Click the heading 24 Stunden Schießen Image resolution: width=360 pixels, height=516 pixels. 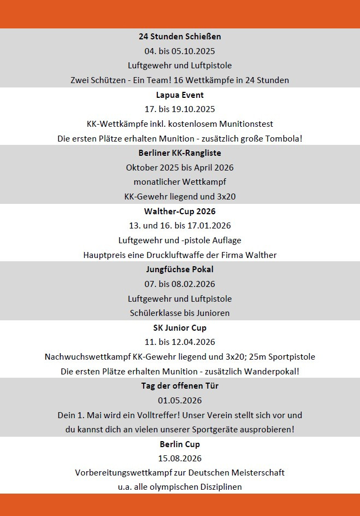point(180,37)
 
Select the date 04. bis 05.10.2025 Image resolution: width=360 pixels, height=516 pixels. point(180,51)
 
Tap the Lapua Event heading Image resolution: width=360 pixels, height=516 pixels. point(180,95)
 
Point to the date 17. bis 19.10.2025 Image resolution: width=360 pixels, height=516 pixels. point(180,109)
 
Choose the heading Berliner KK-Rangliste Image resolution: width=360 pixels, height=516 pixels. point(180,153)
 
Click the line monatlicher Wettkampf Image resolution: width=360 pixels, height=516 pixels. point(180,181)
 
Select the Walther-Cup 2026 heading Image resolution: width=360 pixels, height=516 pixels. point(180,211)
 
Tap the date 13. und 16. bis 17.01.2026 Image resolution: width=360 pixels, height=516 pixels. point(180,226)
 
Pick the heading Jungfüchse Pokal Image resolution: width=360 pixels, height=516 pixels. point(180,269)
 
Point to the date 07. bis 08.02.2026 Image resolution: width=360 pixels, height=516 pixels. point(180,284)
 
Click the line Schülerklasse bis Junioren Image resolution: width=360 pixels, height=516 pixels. point(180,313)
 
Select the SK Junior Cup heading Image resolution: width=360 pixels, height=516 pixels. point(180,328)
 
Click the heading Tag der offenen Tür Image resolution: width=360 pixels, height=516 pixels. point(180,385)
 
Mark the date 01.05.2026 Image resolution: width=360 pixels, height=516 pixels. point(180,400)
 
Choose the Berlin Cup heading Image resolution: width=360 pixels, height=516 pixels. point(180,444)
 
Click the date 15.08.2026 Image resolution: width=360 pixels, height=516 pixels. point(180,458)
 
